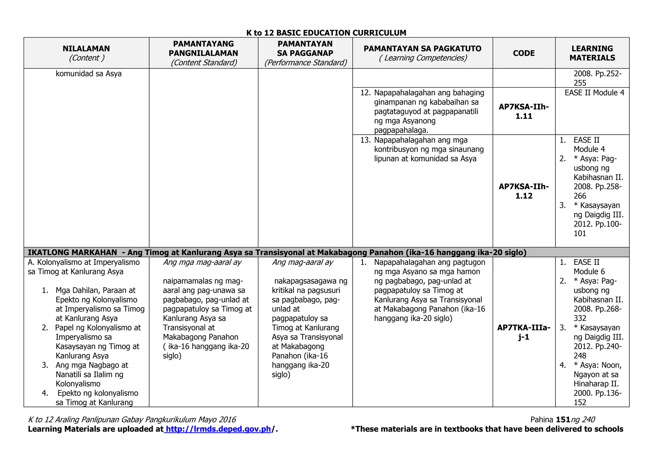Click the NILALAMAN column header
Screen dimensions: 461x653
[86, 49]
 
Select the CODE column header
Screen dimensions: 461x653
[524, 53]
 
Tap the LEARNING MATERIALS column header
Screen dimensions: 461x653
[592, 53]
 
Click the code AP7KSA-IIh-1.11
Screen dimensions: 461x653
[524, 111]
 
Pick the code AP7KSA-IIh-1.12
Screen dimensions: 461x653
[524, 191]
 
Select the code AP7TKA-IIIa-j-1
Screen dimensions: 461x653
[524, 332]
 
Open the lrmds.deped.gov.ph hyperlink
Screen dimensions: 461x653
[218, 429]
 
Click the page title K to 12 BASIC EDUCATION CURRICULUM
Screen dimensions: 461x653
[326, 33]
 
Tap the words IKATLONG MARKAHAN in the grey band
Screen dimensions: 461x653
[72, 252]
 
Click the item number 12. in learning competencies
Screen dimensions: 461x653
[365, 93]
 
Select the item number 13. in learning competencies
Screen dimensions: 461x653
[365, 140]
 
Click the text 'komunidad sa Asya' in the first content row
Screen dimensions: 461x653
[89, 74]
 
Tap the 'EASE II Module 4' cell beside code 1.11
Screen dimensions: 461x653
[594, 93]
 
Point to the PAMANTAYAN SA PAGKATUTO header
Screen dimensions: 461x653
[422, 49]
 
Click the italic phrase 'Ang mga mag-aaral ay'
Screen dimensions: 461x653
[202, 262]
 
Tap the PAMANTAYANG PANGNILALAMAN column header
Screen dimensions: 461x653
[203, 49]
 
